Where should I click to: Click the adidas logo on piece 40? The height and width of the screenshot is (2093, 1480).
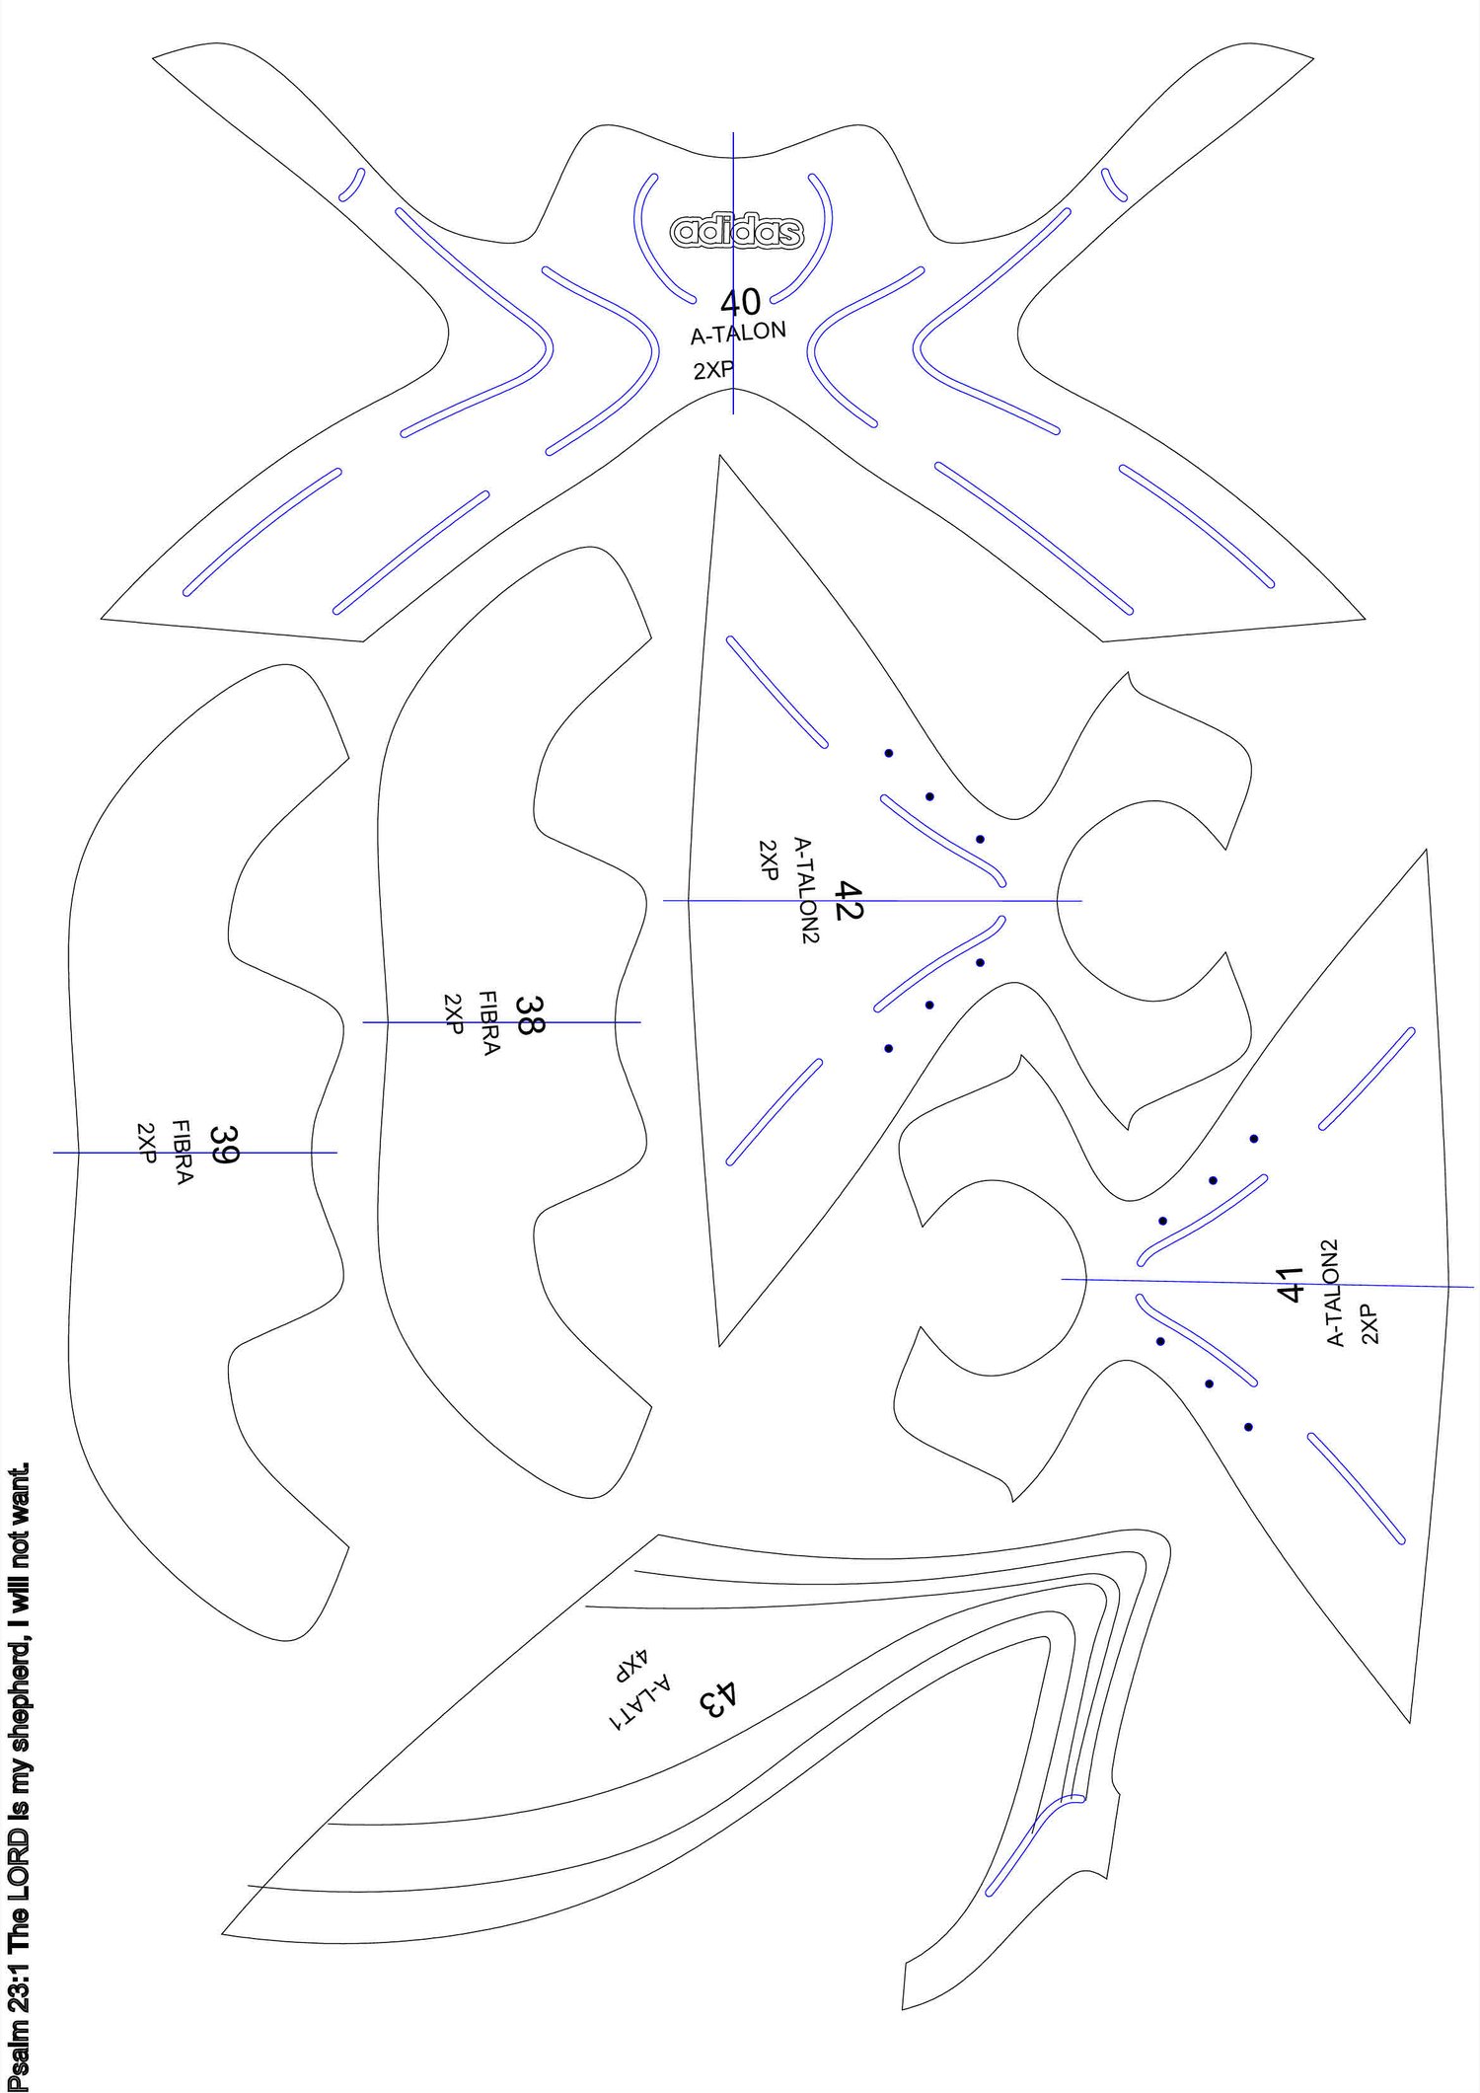coord(737,231)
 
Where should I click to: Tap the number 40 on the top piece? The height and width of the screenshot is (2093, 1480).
coord(740,302)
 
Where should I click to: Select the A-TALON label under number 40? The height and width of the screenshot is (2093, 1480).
coord(738,333)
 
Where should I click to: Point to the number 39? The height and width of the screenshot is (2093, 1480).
coord(224,1145)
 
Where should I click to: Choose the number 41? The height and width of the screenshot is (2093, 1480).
coord(1290,1284)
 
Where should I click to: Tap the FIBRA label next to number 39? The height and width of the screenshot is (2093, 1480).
coord(183,1152)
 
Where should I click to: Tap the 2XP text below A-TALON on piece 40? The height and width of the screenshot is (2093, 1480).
coord(713,370)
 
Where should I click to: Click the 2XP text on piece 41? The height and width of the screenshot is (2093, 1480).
coord(1369,1323)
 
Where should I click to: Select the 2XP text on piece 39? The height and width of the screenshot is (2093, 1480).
coord(147,1143)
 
